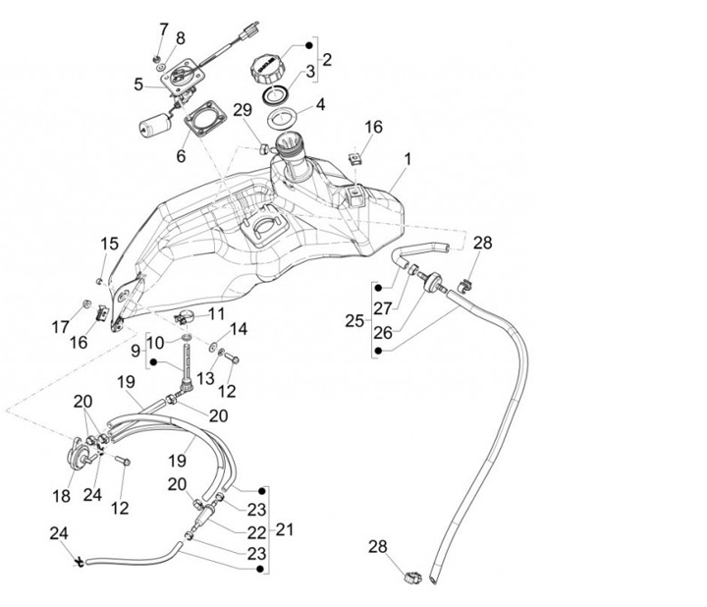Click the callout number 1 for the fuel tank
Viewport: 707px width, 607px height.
pos(408,158)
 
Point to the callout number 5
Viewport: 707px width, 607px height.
pos(137,84)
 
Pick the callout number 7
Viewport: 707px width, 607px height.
pos(163,28)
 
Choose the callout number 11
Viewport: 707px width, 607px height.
pos(216,313)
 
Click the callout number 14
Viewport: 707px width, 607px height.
pos(239,329)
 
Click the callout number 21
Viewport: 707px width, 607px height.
pos(285,530)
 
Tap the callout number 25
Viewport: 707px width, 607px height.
pos(354,320)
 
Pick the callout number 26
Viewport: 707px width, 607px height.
pos(383,332)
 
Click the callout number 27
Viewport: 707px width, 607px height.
pos(381,306)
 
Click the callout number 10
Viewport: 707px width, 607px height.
pos(157,344)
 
